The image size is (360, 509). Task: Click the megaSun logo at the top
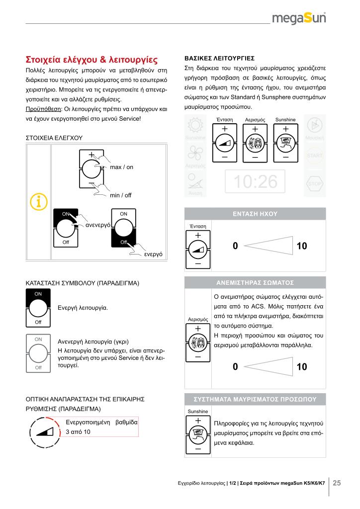(299, 18)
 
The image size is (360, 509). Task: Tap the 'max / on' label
(121, 167)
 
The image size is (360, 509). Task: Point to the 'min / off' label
(120, 195)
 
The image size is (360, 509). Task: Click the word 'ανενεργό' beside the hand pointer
(98, 225)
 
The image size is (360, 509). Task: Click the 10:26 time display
(256, 182)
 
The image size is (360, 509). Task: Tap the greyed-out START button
(314, 155)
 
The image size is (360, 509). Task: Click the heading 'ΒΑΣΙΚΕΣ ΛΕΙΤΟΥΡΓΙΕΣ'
(220, 57)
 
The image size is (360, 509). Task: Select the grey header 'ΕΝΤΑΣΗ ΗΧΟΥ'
(255, 214)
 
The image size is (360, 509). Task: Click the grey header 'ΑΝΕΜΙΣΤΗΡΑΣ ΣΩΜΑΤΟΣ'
(255, 282)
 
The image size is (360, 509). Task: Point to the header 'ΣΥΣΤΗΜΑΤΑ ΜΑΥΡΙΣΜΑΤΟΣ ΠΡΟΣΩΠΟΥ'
(255, 399)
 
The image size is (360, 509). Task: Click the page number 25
(337, 483)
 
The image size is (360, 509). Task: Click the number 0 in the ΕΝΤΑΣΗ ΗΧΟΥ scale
(235, 246)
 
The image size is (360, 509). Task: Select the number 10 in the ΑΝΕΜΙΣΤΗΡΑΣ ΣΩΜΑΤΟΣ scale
(301, 367)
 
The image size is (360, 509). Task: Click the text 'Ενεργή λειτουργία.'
(83, 308)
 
